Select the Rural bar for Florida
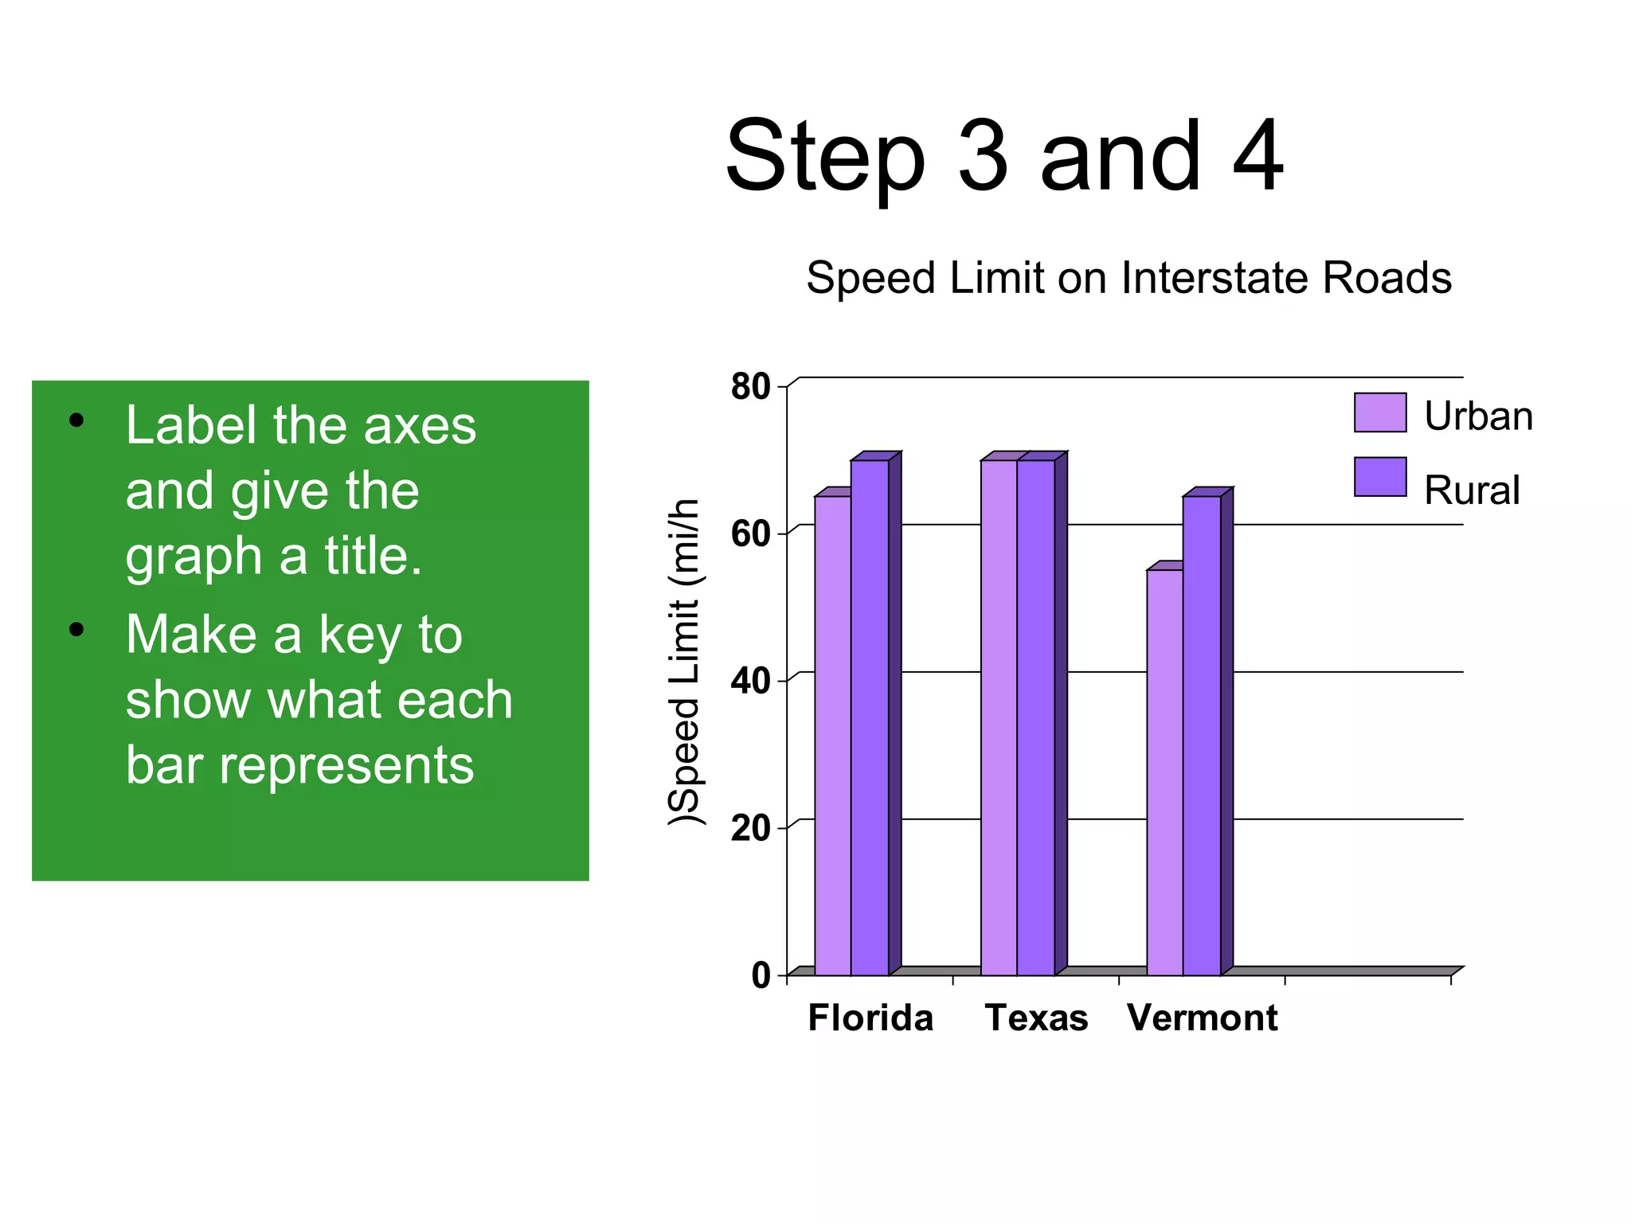point(870,717)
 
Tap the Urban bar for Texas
point(999,717)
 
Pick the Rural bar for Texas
point(1035,717)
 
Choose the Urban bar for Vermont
point(1165,772)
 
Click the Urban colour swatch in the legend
point(1380,412)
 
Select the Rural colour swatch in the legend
point(1380,476)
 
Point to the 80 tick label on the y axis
point(750,387)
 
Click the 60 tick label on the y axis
point(750,534)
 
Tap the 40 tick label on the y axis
point(750,682)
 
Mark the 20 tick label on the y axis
point(750,829)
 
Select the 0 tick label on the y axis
point(761,975)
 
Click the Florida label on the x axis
point(870,1018)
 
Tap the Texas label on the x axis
point(1036,1018)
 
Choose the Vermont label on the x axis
point(1203,1018)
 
